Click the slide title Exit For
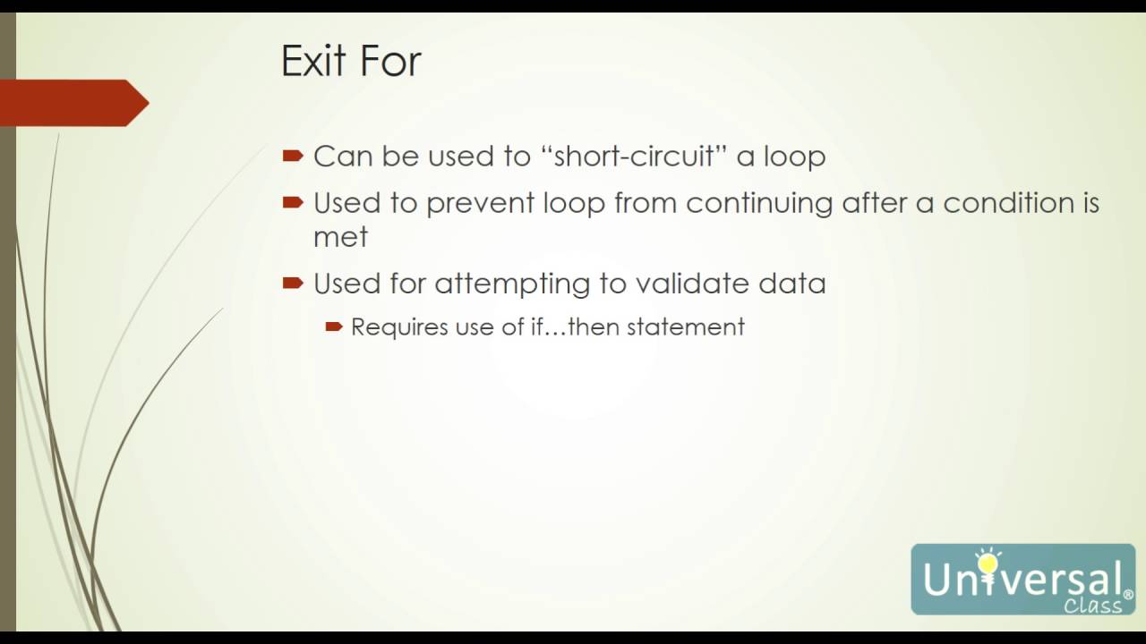click(x=351, y=62)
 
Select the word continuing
click(x=759, y=203)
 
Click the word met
click(x=340, y=237)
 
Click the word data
click(x=791, y=284)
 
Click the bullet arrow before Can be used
click(x=293, y=156)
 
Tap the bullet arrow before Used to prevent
click(x=293, y=203)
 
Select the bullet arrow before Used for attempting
click(x=293, y=284)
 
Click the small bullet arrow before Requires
click(x=334, y=327)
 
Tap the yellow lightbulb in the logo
click(x=988, y=563)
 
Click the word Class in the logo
click(x=1092, y=606)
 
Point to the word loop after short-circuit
click(x=794, y=157)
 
